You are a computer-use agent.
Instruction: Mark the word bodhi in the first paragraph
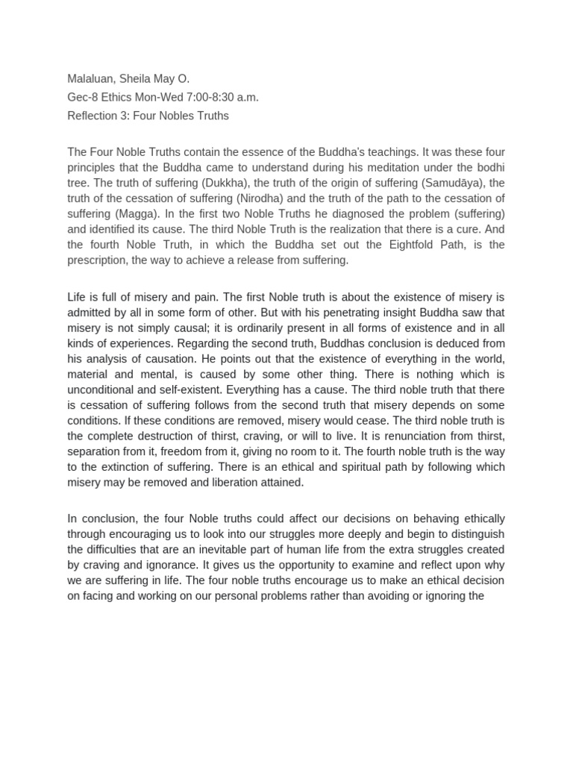[x=489, y=168]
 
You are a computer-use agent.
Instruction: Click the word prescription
[x=98, y=260]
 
